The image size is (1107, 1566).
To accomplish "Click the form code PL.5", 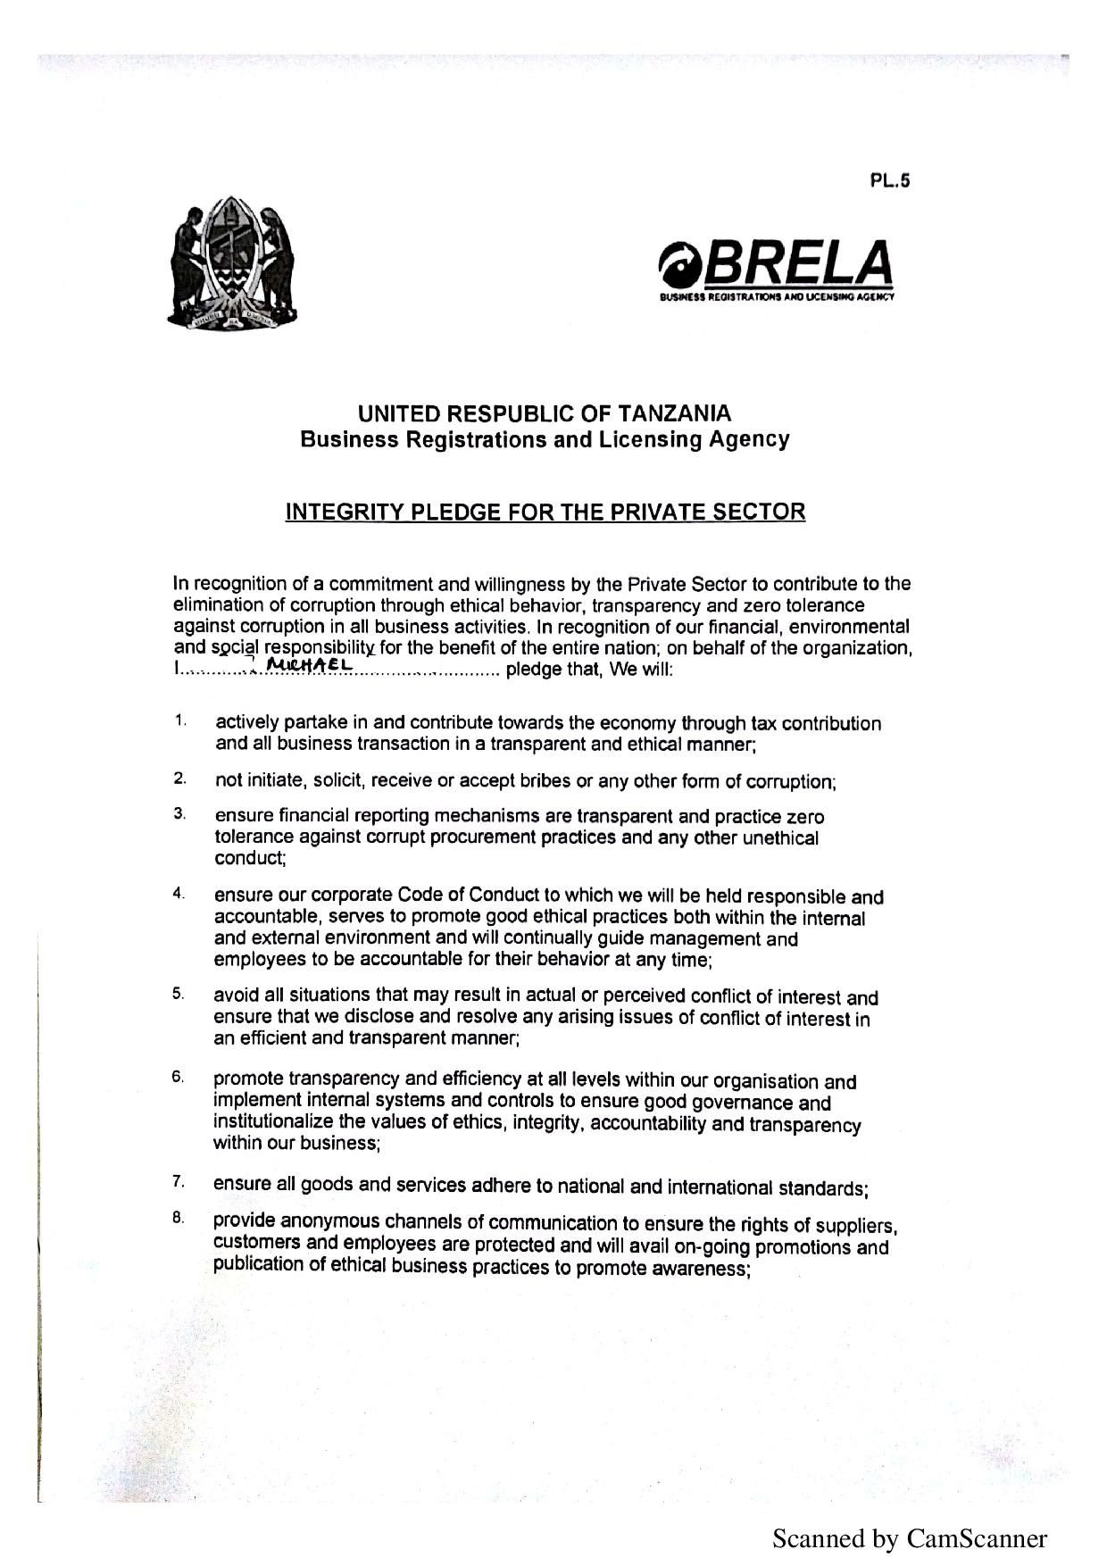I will (889, 180).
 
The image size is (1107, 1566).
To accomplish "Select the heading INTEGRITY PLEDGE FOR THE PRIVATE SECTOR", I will (545, 512).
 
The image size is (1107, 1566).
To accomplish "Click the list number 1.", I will (179, 720).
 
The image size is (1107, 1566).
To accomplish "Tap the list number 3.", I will (179, 813).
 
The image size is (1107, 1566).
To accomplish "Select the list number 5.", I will (179, 993).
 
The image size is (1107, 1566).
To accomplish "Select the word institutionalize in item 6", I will (273, 1121).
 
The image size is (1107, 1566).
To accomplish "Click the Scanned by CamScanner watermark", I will (909, 1538).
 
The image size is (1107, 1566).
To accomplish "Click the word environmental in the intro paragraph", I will (849, 627).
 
